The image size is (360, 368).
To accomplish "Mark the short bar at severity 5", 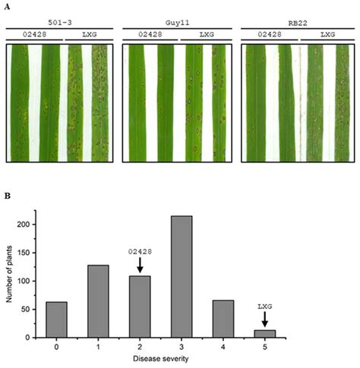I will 264,333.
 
